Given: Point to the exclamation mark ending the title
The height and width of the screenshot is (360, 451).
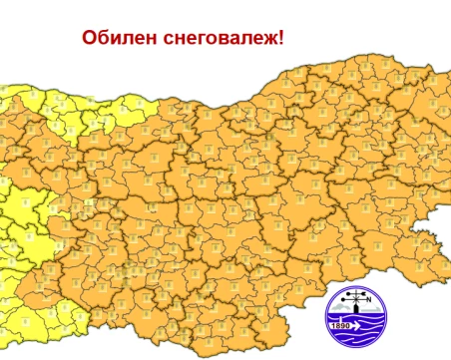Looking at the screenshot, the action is (x=282, y=38).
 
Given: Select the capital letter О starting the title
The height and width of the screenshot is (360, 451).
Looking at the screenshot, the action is (x=91, y=39).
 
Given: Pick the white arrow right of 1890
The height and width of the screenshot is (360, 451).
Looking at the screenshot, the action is (x=368, y=325).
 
